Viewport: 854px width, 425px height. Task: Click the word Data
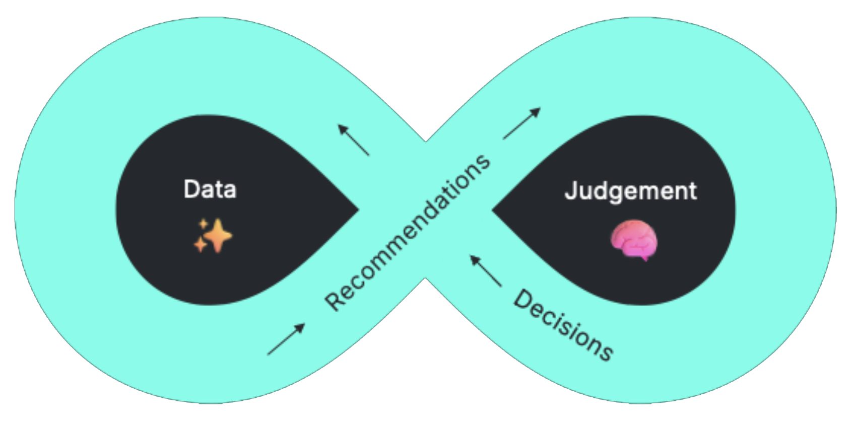tap(210, 189)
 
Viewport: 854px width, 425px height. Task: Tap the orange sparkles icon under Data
tap(213, 235)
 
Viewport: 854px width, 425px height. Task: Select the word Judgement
tap(631, 191)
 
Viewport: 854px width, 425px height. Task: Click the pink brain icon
tap(634, 240)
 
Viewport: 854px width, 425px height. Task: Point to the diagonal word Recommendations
tap(408, 233)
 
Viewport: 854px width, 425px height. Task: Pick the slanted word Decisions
tap(563, 325)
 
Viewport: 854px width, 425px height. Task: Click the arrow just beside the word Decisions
tap(486, 271)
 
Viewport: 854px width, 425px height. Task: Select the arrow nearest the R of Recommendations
tap(286, 339)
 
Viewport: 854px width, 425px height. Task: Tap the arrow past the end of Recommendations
tap(522, 123)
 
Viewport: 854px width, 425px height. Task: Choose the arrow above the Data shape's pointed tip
tap(354, 140)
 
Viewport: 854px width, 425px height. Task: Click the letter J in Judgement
tap(571, 191)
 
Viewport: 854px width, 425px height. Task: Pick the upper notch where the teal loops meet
tap(426, 139)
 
